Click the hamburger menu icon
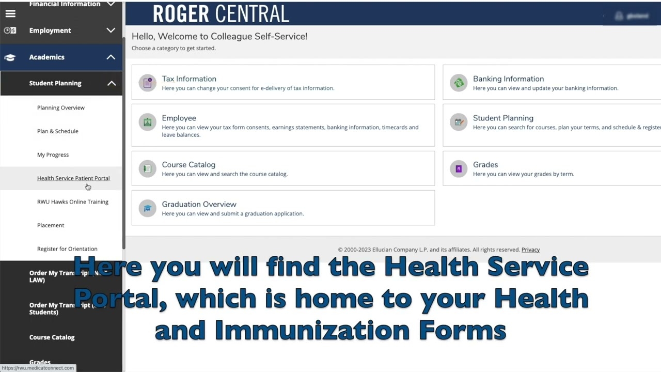(x=10, y=14)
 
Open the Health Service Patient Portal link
(x=73, y=178)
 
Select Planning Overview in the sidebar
(x=61, y=107)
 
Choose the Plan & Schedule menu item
(x=58, y=131)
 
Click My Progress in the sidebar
(x=53, y=154)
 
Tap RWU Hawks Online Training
(x=73, y=202)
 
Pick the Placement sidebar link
(x=51, y=225)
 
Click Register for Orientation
(x=67, y=249)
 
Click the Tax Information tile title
(x=189, y=79)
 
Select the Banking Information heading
(x=508, y=79)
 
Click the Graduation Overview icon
(x=148, y=208)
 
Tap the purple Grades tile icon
(x=459, y=169)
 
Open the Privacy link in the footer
(x=530, y=250)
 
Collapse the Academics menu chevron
(x=111, y=57)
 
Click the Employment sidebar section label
(x=50, y=30)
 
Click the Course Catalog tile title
(x=188, y=164)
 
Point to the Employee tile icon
(x=148, y=122)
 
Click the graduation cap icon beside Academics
(x=10, y=57)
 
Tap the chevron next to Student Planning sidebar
(x=112, y=83)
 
